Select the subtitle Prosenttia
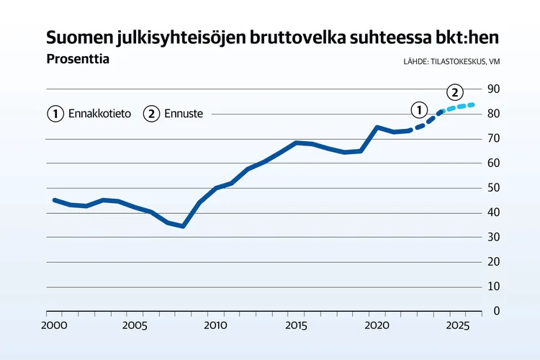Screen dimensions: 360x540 click(77, 59)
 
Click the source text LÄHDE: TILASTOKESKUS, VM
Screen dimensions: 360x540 click(451, 62)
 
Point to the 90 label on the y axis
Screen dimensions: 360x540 click(495, 89)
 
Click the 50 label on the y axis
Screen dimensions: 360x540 click(495, 187)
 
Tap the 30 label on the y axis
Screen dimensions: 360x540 click(495, 237)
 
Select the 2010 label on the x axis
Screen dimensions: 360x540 click(215, 325)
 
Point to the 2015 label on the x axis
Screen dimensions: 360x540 click(296, 325)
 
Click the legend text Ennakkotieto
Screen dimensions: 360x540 click(99, 114)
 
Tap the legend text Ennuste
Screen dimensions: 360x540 click(184, 114)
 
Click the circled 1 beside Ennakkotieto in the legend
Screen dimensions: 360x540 click(55, 114)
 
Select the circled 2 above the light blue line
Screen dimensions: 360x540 click(454, 92)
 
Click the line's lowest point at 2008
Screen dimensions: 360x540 click(183, 226)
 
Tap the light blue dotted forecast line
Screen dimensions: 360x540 click(459, 107)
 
